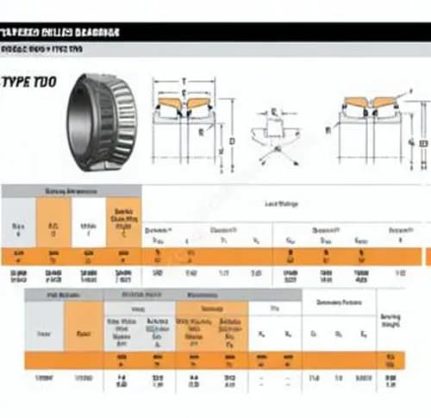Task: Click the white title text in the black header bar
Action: pyautogui.click(x=59, y=33)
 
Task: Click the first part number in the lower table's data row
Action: pyautogui.click(x=44, y=379)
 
